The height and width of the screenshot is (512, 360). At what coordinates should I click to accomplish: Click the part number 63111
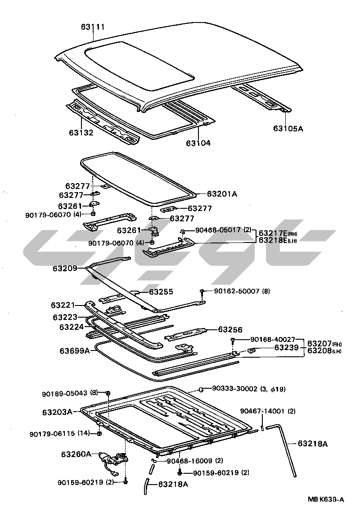(x=93, y=27)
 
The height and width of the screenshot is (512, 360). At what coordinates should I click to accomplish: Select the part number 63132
(x=81, y=133)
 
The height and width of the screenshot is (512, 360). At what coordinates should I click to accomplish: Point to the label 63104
(x=198, y=143)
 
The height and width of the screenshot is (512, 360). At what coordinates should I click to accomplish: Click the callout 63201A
(x=222, y=194)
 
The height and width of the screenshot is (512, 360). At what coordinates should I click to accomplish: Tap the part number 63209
(x=65, y=268)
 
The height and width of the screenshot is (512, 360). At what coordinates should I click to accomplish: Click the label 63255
(x=161, y=292)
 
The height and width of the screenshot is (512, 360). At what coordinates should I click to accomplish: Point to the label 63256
(x=230, y=329)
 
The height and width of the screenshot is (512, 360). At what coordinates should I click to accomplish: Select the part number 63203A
(x=58, y=412)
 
